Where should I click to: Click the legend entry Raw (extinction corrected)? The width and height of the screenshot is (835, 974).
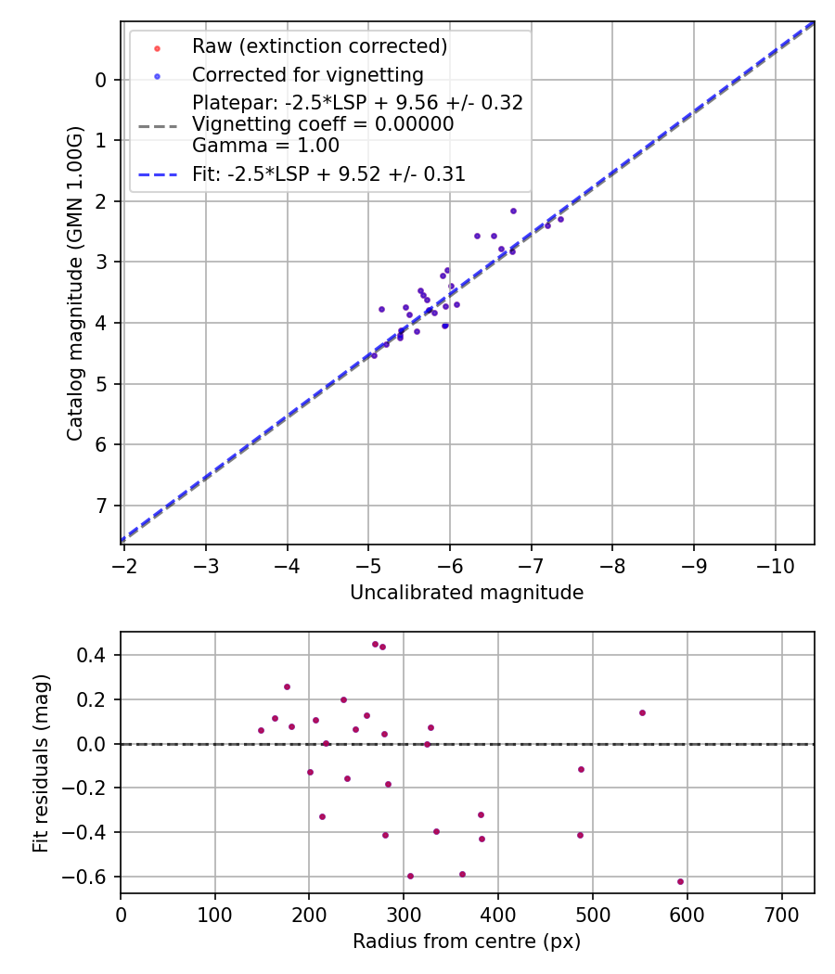[x=319, y=46]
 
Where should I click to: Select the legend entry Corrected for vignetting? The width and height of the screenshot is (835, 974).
[x=307, y=75]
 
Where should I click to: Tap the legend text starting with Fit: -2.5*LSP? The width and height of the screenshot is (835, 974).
[x=328, y=174]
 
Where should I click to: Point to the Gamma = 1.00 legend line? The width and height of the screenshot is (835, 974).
[x=265, y=146]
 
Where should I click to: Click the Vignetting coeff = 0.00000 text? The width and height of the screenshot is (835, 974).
[x=323, y=124]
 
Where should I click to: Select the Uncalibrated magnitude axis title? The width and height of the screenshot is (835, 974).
[x=467, y=593]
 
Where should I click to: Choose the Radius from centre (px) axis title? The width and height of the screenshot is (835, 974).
[x=467, y=942]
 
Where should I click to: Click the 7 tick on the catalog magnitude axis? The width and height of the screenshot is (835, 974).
[x=101, y=506]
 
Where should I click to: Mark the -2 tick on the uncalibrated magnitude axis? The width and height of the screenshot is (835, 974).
[x=125, y=564]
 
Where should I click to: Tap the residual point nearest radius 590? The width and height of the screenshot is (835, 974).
[x=680, y=881]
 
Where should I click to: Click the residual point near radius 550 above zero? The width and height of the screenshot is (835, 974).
[x=642, y=712]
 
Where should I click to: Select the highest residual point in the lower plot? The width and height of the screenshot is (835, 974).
[x=376, y=644]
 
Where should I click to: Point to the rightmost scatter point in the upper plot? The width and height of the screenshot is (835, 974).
[x=560, y=219]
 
